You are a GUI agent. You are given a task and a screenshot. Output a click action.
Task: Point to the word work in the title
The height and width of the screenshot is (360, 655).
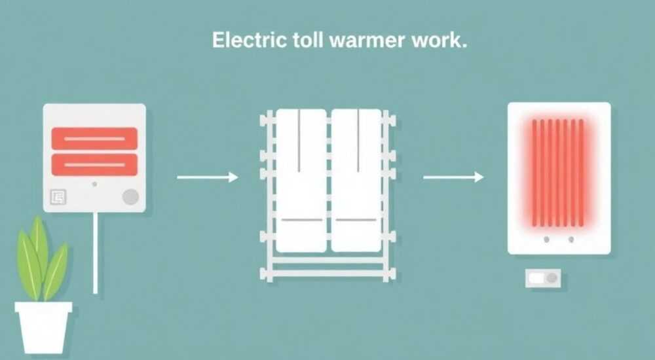click(x=439, y=40)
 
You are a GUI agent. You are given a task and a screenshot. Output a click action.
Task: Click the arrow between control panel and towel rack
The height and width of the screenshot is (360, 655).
click(x=208, y=177)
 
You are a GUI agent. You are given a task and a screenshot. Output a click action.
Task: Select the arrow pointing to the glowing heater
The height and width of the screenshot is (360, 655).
click(x=453, y=177)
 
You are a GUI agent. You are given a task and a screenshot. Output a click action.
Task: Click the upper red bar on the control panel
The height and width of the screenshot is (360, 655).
click(x=94, y=139)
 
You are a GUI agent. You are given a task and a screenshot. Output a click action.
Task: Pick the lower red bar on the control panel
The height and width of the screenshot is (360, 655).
click(x=94, y=164)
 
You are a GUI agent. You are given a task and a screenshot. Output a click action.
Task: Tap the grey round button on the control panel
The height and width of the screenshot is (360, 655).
click(x=130, y=197)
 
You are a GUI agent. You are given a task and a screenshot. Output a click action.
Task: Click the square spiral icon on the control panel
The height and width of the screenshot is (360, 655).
click(x=58, y=197)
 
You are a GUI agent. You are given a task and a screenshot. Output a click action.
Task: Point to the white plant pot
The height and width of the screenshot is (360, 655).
click(x=43, y=327)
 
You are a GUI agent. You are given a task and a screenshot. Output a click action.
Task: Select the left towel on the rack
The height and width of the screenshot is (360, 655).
click(x=301, y=181)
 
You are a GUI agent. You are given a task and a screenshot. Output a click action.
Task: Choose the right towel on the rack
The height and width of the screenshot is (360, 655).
click(x=356, y=181)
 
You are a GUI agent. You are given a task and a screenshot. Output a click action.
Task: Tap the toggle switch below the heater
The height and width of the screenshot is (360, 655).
click(x=543, y=278)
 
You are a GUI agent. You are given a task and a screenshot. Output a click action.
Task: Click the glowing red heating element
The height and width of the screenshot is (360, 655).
click(x=557, y=173)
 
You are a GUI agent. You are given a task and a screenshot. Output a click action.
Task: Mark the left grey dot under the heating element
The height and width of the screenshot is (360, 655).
click(x=546, y=240)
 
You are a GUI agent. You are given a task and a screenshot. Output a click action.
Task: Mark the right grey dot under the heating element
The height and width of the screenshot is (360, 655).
click(x=571, y=240)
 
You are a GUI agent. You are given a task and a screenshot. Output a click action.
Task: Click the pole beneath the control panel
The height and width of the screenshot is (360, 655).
click(x=95, y=253)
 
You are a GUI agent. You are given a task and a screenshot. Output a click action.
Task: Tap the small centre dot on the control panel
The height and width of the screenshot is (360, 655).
click(x=95, y=184)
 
